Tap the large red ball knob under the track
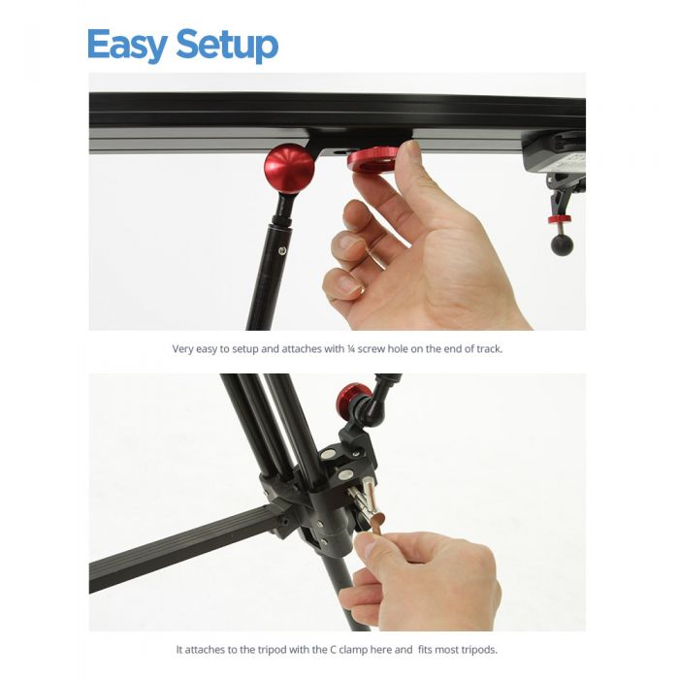[289, 168]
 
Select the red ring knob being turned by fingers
[373, 159]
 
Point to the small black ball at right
[562, 243]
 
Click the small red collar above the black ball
[560, 219]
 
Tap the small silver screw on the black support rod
[282, 251]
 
